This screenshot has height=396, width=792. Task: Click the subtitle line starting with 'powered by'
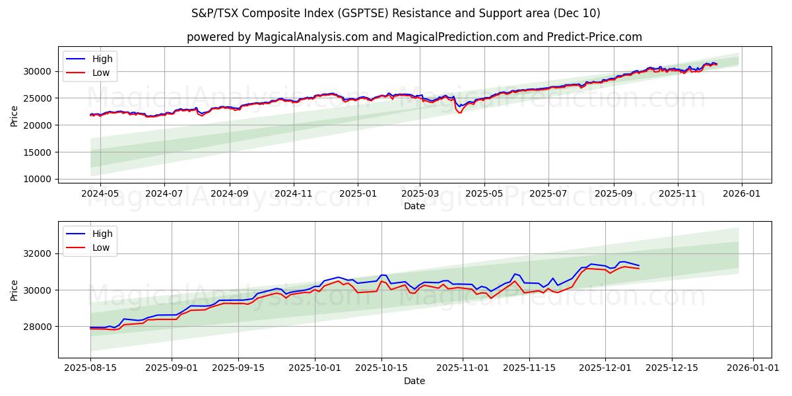[414, 37]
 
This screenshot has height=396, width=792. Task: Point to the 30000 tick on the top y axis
[38, 71]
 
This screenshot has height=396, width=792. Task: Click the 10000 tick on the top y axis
[38, 179]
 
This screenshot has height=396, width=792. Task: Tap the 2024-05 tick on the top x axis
[100, 193]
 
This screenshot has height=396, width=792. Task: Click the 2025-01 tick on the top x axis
[358, 193]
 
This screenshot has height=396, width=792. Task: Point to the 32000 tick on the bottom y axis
[38, 254]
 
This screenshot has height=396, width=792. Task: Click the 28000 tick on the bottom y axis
[38, 327]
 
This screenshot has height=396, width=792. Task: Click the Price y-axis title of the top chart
[15, 116]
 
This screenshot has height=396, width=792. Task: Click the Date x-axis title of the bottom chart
[414, 381]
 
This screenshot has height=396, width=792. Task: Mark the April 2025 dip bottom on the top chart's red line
[460, 113]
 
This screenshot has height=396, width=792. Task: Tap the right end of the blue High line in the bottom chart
[639, 266]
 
